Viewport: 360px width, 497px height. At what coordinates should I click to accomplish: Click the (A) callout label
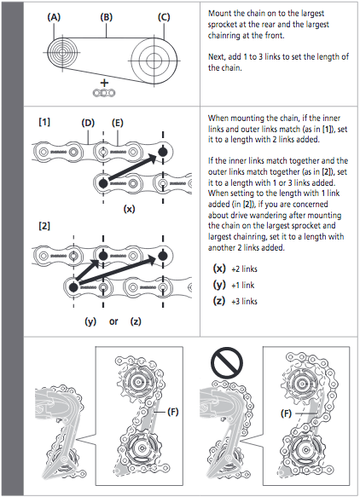click(54, 17)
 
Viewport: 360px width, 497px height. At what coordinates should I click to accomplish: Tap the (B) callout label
click(107, 17)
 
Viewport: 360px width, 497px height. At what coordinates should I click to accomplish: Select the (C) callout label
click(164, 17)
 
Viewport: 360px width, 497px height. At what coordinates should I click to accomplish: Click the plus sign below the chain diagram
click(104, 83)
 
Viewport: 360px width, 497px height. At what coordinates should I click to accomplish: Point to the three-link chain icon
click(104, 93)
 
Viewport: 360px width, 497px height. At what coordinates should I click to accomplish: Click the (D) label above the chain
click(88, 123)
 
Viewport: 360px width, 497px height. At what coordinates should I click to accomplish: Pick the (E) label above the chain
click(118, 123)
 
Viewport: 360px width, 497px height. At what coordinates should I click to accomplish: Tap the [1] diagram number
click(44, 122)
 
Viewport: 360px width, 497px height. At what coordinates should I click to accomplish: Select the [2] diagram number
click(44, 226)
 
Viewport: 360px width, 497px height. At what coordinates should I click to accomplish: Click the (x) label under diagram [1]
click(129, 209)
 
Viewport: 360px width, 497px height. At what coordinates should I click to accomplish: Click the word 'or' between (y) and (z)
click(113, 321)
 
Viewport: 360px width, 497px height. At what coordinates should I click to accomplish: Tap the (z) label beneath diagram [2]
click(136, 321)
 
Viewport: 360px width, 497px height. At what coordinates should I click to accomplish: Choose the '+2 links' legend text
click(244, 269)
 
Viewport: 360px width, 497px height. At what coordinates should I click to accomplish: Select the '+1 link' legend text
click(242, 286)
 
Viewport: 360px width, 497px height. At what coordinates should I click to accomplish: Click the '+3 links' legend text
click(244, 302)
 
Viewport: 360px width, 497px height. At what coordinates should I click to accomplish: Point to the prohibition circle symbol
click(227, 363)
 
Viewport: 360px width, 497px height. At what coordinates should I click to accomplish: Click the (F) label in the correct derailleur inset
click(173, 412)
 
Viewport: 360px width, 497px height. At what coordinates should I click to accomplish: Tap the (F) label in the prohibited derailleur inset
click(287, 413)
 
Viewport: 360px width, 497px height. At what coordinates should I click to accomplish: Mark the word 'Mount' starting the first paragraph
click(218, 14)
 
